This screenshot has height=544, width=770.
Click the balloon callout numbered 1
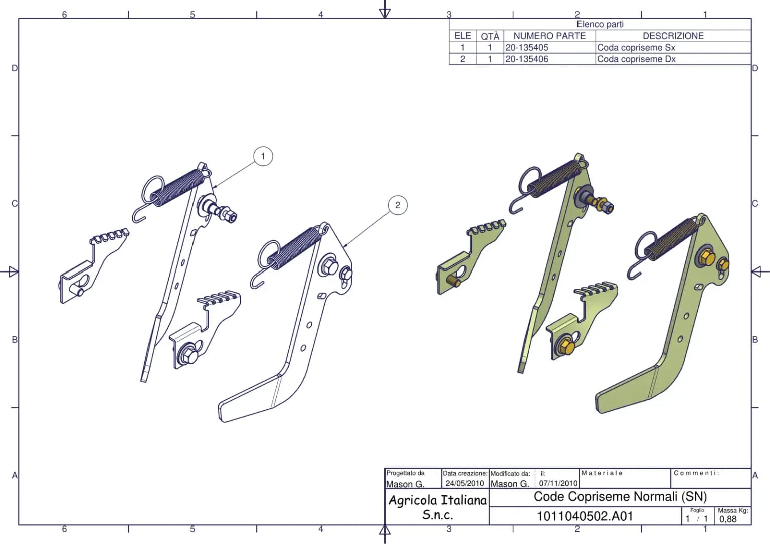click(x=263, y=156)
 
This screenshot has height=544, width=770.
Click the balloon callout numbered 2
click(x=398, y=205)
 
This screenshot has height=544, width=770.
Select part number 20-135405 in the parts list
click(x=527, y=48)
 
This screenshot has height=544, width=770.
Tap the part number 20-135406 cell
click(x=527, y=59)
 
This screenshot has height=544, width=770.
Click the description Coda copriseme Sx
click(x=636, y=48)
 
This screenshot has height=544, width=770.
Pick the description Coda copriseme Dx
click(x=636, y=59)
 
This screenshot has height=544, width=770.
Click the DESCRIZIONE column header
click(x=673, y=36)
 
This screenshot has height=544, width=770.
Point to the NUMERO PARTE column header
click(x=549, y=36)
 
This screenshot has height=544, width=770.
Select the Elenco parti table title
click(x=600, y=24)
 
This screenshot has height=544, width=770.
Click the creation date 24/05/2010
click(x=465, y=483)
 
